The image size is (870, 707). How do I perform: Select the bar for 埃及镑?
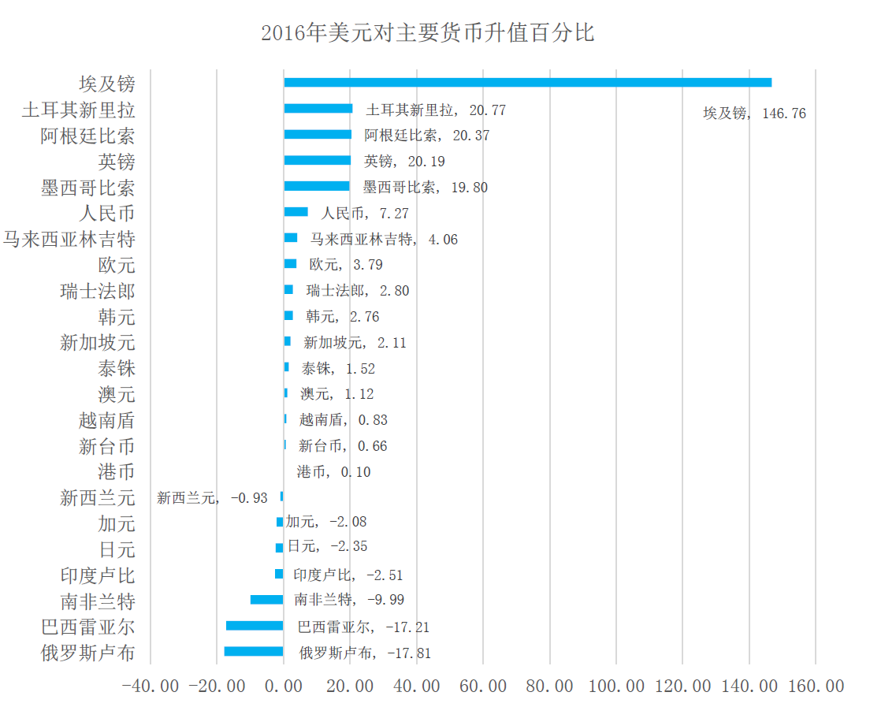coord(527,83)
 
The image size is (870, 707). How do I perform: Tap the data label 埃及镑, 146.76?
coord(754,113)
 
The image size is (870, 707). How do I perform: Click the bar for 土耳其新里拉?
coord(318,109)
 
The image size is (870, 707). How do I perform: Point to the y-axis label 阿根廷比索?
coord(87,136)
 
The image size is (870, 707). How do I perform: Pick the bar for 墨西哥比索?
coord(316,186)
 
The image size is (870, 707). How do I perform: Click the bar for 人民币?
coord(296,212)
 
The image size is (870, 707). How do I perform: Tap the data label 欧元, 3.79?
coord(346,265)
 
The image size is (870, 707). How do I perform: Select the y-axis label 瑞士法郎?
coord(97,291)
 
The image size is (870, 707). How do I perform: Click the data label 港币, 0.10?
coord(333,472)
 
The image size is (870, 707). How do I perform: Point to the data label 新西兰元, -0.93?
coord(212,498)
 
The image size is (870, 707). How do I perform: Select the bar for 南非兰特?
coord(266,600)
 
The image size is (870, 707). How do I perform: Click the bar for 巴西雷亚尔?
coord(255,626)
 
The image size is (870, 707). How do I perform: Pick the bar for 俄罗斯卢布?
coord(254,651)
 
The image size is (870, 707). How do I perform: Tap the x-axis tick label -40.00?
coord(151,687)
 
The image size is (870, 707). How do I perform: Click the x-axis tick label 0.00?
coord(284,687)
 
